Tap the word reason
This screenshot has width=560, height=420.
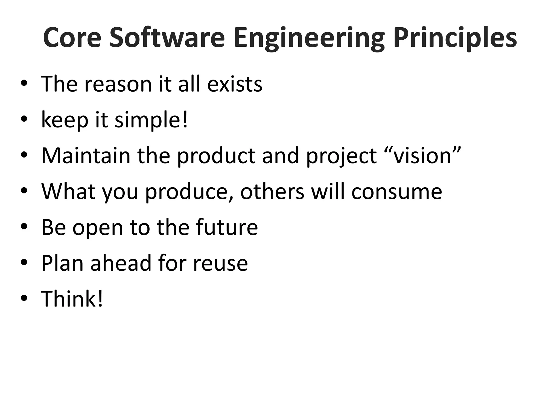point(118,84)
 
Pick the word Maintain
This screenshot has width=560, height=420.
point(86,156)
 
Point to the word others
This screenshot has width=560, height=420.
point(272,191)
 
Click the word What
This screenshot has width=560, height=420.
point(68,191)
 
